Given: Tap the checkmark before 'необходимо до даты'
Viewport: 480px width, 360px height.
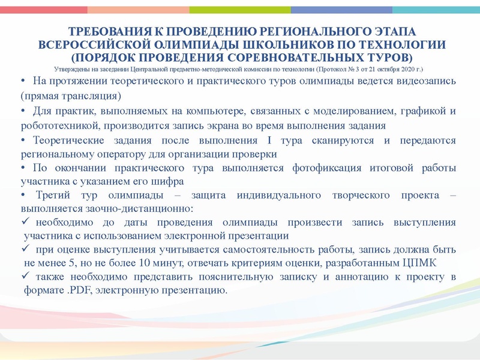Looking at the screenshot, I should (x=25, y=223).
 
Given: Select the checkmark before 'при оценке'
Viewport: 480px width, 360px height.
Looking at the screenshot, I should (x=25, y=249).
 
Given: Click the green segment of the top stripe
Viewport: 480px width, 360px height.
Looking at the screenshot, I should (x=240, y=10).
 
